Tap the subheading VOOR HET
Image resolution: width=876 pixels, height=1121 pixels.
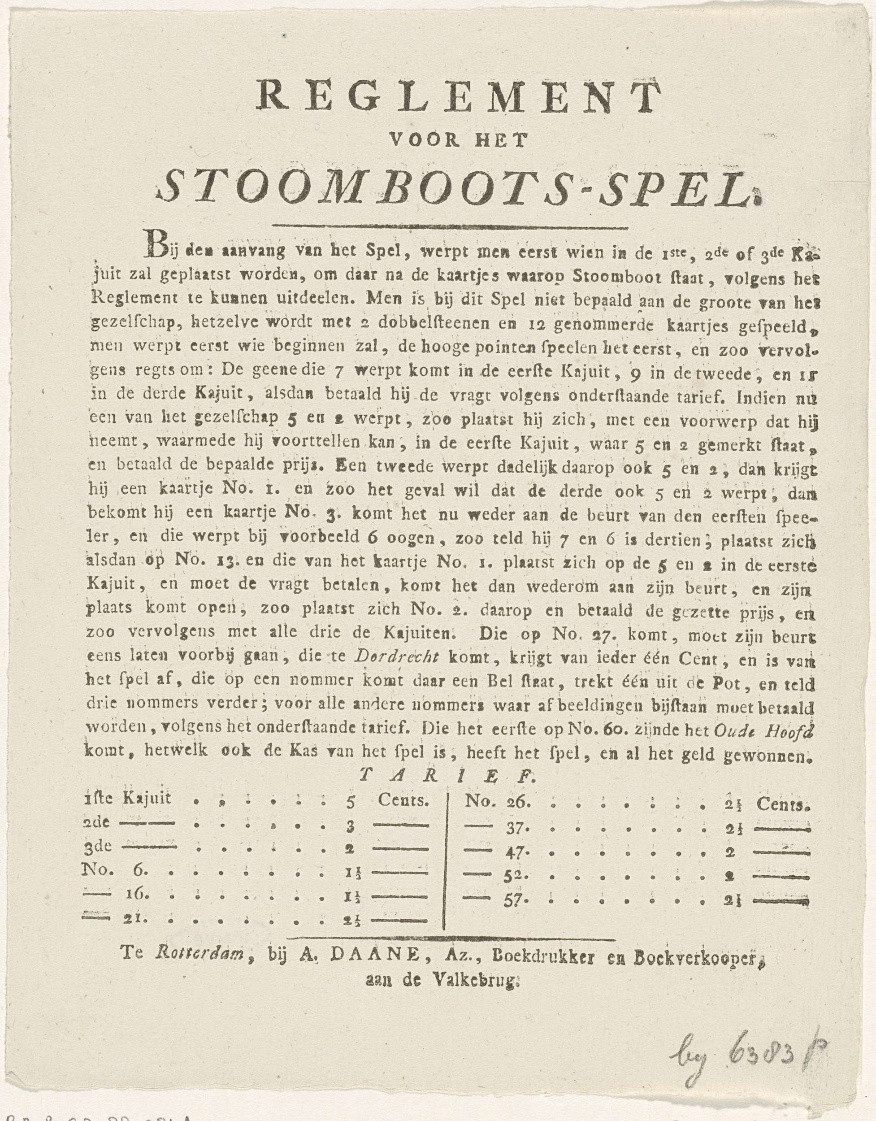458,140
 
